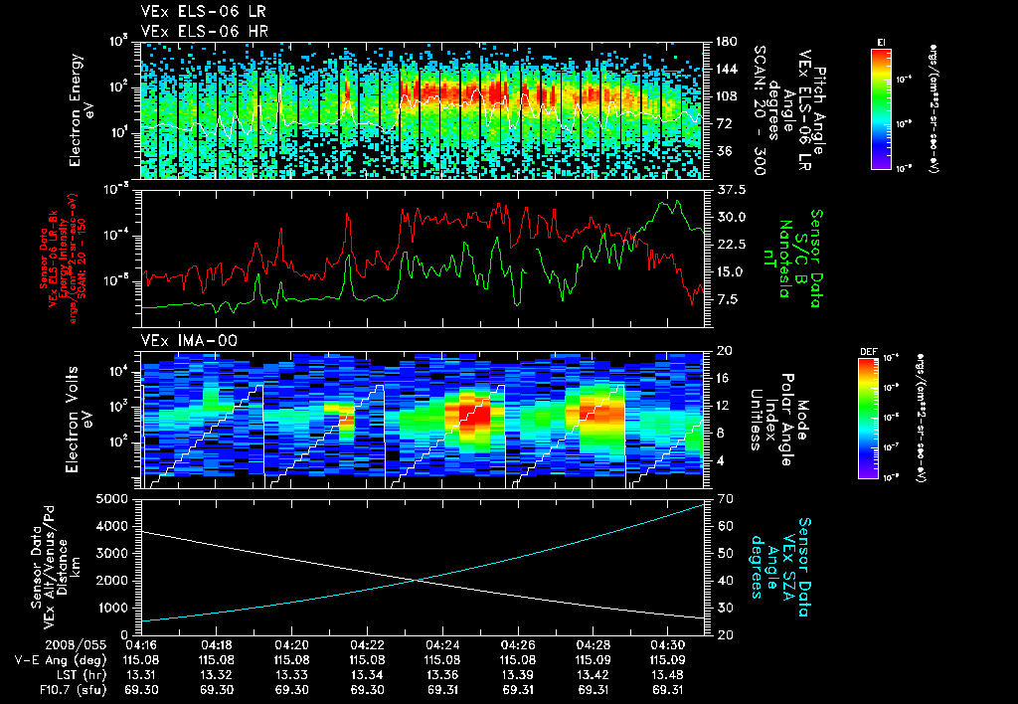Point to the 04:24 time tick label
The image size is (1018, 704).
coord(441,644)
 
